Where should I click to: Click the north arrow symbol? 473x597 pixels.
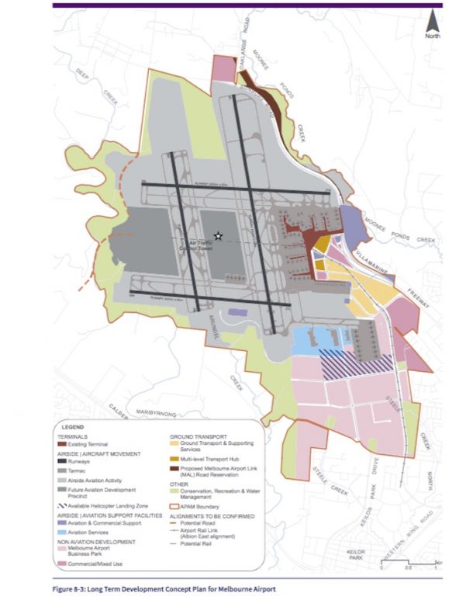[431, 23]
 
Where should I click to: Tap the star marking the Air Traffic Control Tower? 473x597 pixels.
[219, 236]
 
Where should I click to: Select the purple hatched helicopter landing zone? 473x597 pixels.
[356, 363]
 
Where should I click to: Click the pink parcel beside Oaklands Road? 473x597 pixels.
[222, 68]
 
